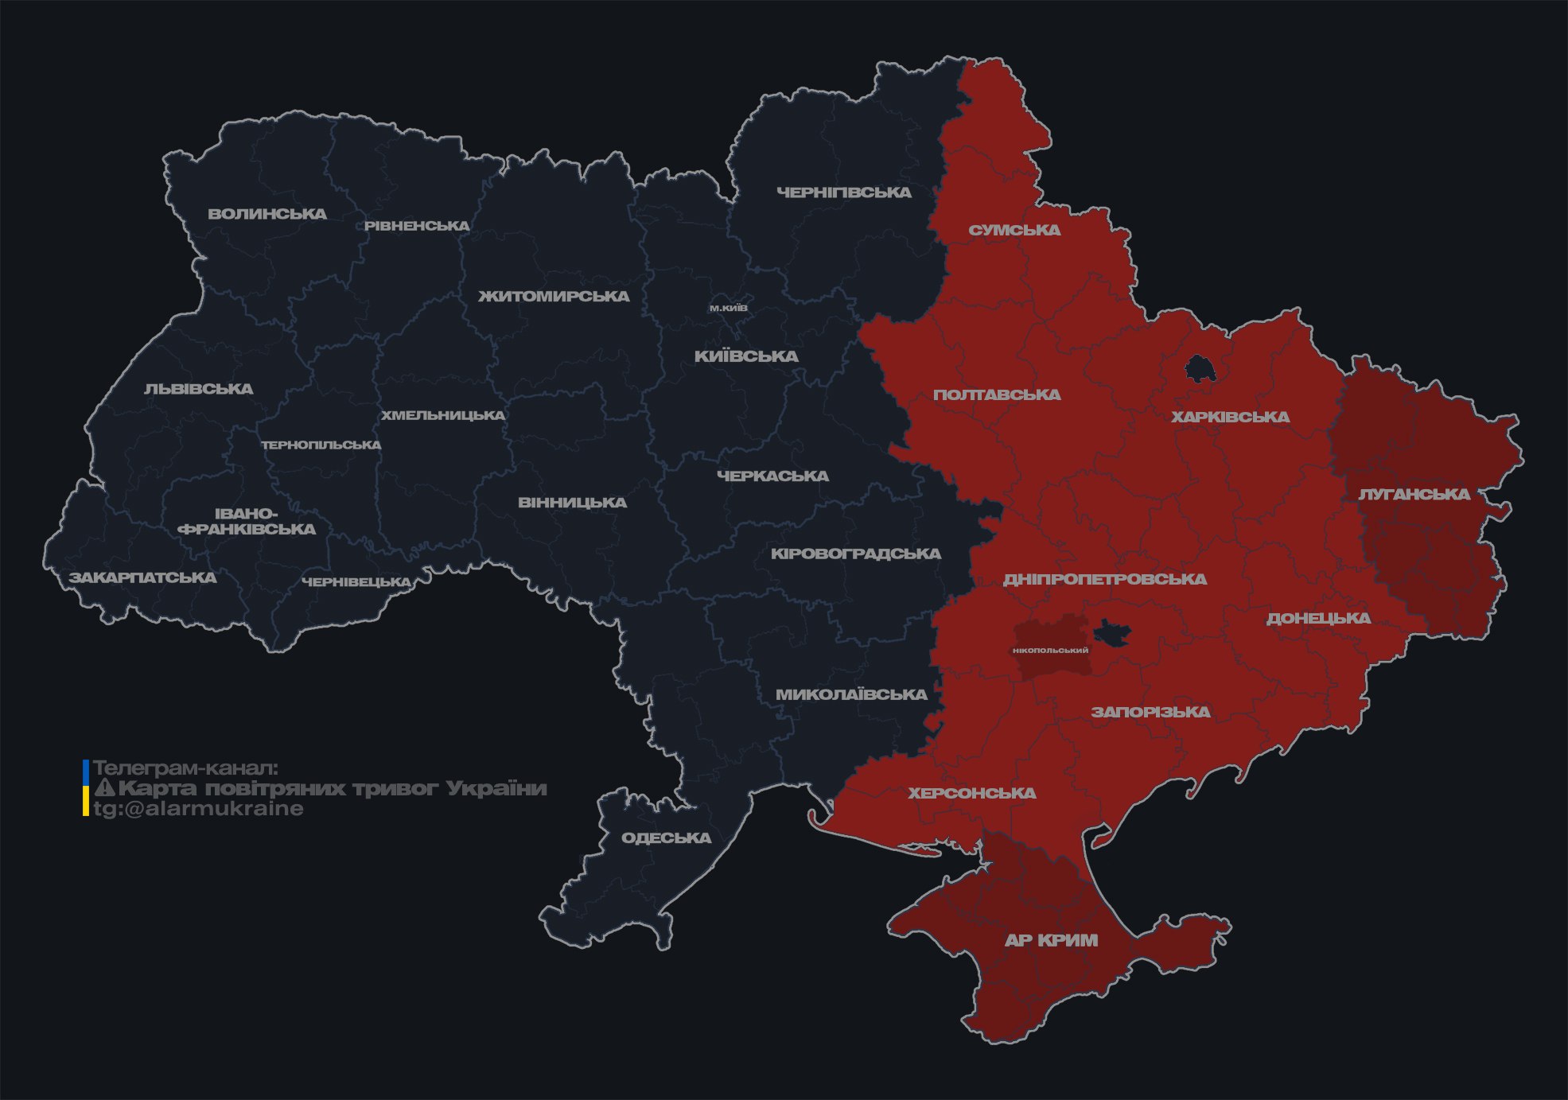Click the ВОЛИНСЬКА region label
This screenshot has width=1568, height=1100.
click(267, 214)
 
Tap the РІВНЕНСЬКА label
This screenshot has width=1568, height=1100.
click(417, 226)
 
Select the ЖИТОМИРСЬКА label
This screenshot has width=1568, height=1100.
click(554, 297)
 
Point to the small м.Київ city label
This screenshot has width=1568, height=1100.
click(728, 308)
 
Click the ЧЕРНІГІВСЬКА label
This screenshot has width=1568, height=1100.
click(843, 192)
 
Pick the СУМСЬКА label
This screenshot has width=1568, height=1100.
click(1014, 231)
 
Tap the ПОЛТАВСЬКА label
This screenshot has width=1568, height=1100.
click(997, 395)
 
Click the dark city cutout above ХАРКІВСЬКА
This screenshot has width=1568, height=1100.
click(1199, 369)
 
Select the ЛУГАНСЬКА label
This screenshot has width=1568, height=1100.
click(1414, 495)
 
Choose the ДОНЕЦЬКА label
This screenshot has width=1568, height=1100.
click(1318, 619)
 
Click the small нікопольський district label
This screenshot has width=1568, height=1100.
click(1050, 651)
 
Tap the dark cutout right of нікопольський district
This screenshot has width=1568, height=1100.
click(1111, 633)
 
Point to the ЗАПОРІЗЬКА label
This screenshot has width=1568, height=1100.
click(1150, 712)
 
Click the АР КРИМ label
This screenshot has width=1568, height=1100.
click(1051, 940)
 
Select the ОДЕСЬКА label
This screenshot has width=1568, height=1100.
click(666, 838)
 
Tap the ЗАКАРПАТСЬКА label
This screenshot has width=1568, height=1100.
click(142, 577)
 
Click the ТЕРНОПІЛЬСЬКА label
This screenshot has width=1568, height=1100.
click(321, 445)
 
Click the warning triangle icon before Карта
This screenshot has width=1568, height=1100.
click(105, 788)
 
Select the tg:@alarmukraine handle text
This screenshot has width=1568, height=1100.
click(199, 809)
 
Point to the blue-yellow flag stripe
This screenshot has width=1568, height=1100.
click(86, 788)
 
